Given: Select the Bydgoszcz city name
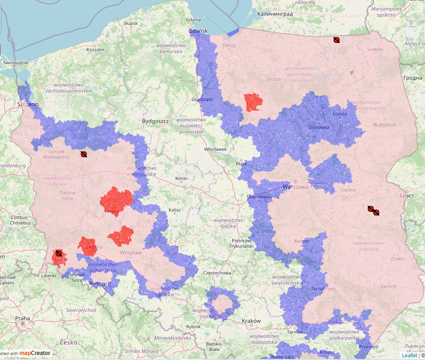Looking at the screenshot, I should point(155,122).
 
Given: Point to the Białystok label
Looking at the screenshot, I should point(385,125).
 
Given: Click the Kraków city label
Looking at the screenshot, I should point(251,321).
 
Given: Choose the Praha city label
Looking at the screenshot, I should point(22,318).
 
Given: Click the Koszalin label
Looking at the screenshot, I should point(95,50).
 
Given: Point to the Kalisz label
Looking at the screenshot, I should point(174,210).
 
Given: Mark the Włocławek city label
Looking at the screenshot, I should point(215,149).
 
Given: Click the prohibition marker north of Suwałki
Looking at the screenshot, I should point(336,40).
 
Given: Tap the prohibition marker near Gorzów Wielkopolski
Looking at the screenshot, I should point(84,154).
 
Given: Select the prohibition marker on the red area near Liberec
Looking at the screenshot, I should point(58,253).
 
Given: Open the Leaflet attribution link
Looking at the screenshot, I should point(409,355).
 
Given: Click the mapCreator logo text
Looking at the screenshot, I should point(35,353).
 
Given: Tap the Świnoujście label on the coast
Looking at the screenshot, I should point(15,62).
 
